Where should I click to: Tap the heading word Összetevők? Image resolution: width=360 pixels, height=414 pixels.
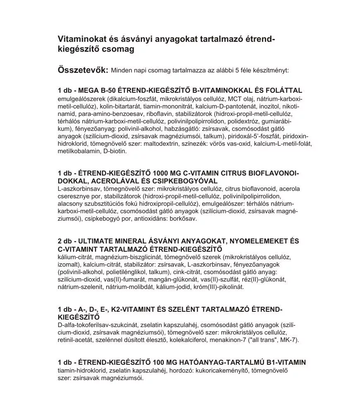pyautogui.click(x=83, y=69)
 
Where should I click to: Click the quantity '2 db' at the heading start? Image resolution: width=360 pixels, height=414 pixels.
pyautogui.click(x=65, y=241)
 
